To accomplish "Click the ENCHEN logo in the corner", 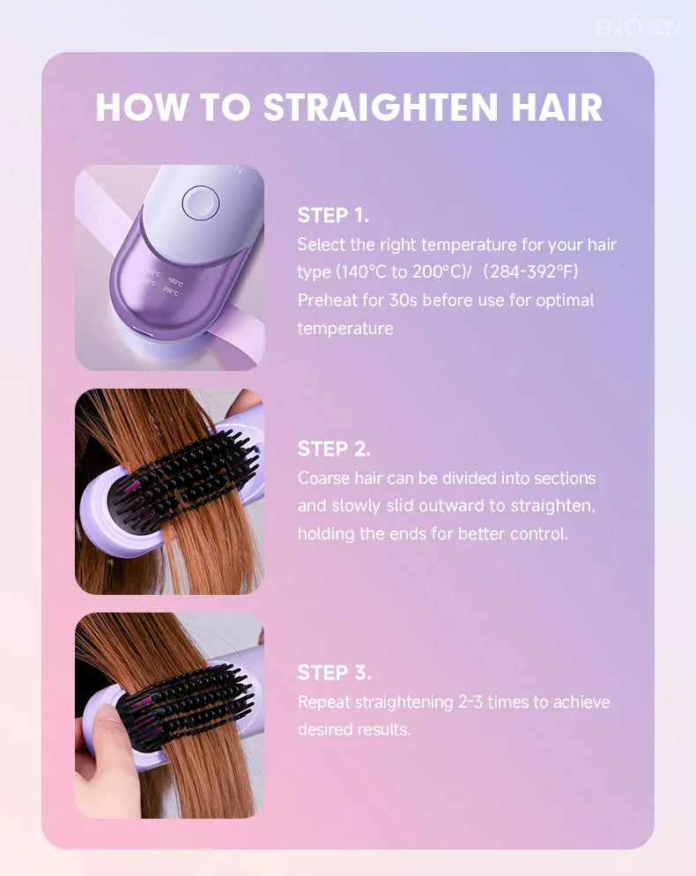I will pyautogui.click(x=638, y=26).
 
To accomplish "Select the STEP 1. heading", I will pyautogui.click(x=333, y=215).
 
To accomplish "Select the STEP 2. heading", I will pyautogui.click(x=334, y=449).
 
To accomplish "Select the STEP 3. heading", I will pyautogui.click(x=334, y=672).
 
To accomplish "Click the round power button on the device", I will pyautogui.click(x=197, y=203).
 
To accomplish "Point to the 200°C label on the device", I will pyautogui.click(x=171, y=292).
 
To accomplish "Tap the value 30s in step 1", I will pyautogui.click(x=403, y=300).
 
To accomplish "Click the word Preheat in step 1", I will pyautogui.click(x=327, y=300).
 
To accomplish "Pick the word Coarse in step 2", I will pyautogui.click(x=322, y=478).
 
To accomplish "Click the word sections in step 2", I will pyautogui.click(x=563, y=478).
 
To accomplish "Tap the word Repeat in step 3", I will pyautogui.click(x=322, y=702).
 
